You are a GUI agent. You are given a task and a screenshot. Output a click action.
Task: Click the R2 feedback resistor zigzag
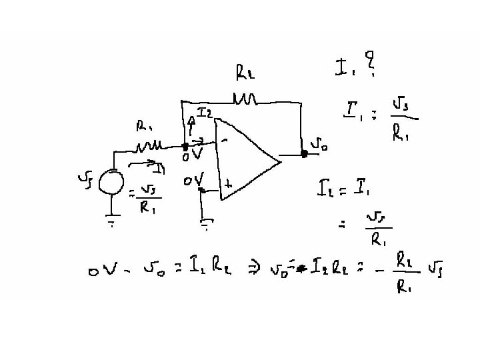coord(245,99)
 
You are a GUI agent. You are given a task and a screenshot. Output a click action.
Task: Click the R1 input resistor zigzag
coord(151,145)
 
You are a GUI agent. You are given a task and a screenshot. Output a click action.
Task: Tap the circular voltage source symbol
coord(111,182)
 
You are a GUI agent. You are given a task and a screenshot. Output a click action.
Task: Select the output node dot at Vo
coord(304,153)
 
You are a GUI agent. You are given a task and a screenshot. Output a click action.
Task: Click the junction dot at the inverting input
coord(185,145)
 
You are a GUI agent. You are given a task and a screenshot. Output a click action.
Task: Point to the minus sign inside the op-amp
coord(225,141)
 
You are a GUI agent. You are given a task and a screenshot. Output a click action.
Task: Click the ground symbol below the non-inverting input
coord(206,225)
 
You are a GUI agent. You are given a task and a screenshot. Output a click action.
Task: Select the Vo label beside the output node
coord(319,145)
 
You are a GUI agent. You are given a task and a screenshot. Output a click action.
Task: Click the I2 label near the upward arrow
coord(205,113)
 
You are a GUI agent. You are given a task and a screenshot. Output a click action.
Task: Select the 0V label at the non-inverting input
coord(194,181)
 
